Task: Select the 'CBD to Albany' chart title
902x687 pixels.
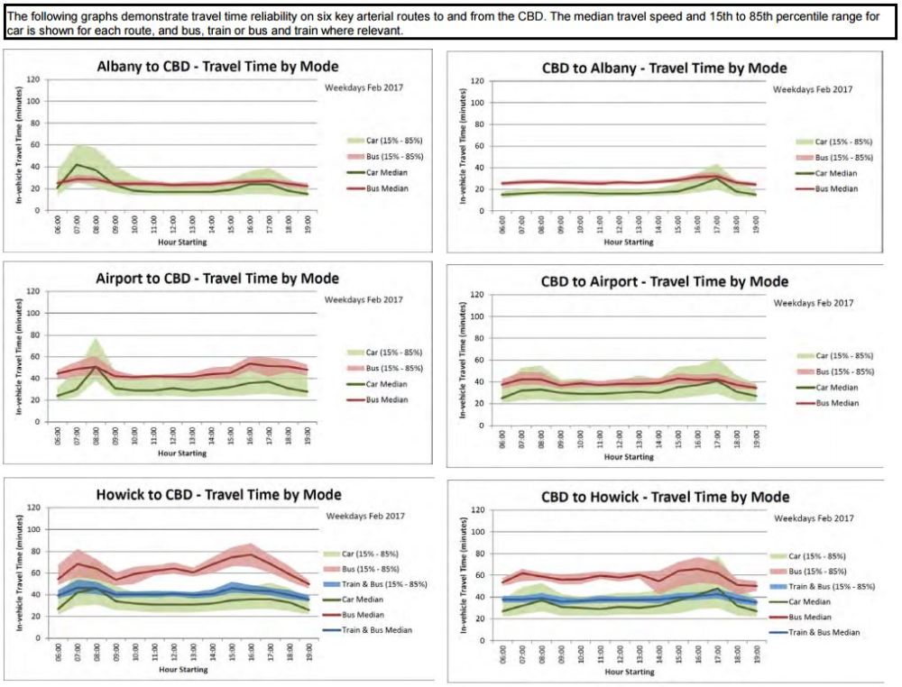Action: click(x=664, y=69)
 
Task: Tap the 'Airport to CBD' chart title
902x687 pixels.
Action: click(x=217, y=279)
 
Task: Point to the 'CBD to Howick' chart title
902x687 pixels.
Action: click(x=666, y=497)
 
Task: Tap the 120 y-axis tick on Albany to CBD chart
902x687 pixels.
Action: click(x=32, y=79)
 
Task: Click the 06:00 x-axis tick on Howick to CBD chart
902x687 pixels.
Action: click(x=59, y=650)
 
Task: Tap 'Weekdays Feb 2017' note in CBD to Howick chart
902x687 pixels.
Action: click(x=814, y=519)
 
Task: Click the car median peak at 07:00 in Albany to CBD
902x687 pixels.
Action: click(x=78, y=164)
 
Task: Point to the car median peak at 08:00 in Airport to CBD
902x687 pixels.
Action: click(x=97, y=366)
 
